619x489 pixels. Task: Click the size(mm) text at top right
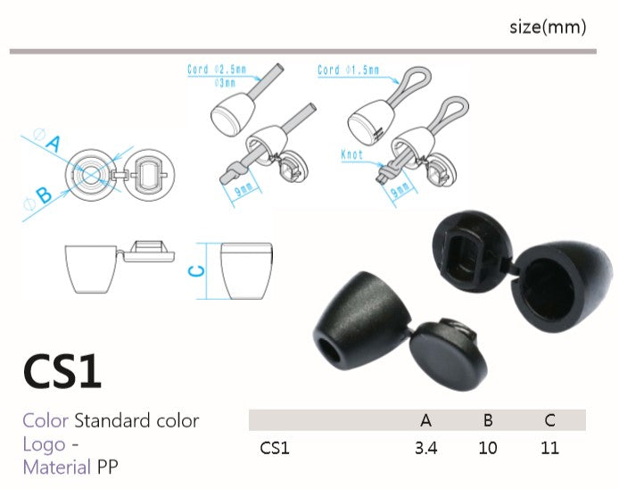548,28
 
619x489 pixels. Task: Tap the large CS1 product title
62,371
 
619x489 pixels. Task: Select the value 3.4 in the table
426,448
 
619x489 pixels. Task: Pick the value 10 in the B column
488,448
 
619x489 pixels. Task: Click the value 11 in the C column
549,448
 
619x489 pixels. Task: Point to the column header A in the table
426,420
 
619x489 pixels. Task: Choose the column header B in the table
488,420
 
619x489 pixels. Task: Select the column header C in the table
550,420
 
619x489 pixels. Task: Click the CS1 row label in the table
275,448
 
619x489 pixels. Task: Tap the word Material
57,468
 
